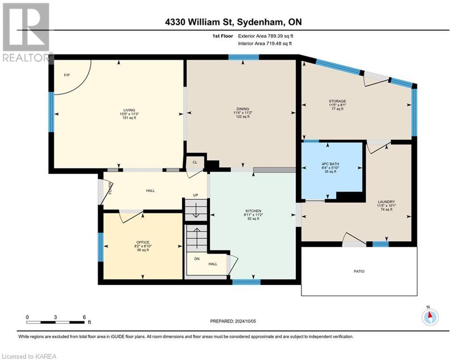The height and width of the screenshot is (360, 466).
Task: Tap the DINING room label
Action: (242, 109)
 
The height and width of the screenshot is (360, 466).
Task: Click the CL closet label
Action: (195, 162)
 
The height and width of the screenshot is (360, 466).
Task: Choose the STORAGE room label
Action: (337, 101)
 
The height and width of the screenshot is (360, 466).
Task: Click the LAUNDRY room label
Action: (387, 202)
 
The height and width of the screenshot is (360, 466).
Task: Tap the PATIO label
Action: (359, 271)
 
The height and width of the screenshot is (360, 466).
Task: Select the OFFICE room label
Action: (143, 242)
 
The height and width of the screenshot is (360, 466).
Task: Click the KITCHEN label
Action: (253, 211)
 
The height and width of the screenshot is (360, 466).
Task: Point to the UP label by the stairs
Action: (197, 195)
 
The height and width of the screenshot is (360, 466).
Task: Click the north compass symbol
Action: (429, 317)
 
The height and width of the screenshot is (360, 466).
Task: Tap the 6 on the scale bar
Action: (84, 316)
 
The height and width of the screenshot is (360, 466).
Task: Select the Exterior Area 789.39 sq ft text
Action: (266, 36)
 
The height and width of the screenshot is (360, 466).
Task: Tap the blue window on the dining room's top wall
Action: (244, 57)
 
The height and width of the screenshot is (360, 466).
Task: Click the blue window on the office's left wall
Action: (100, 247)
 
